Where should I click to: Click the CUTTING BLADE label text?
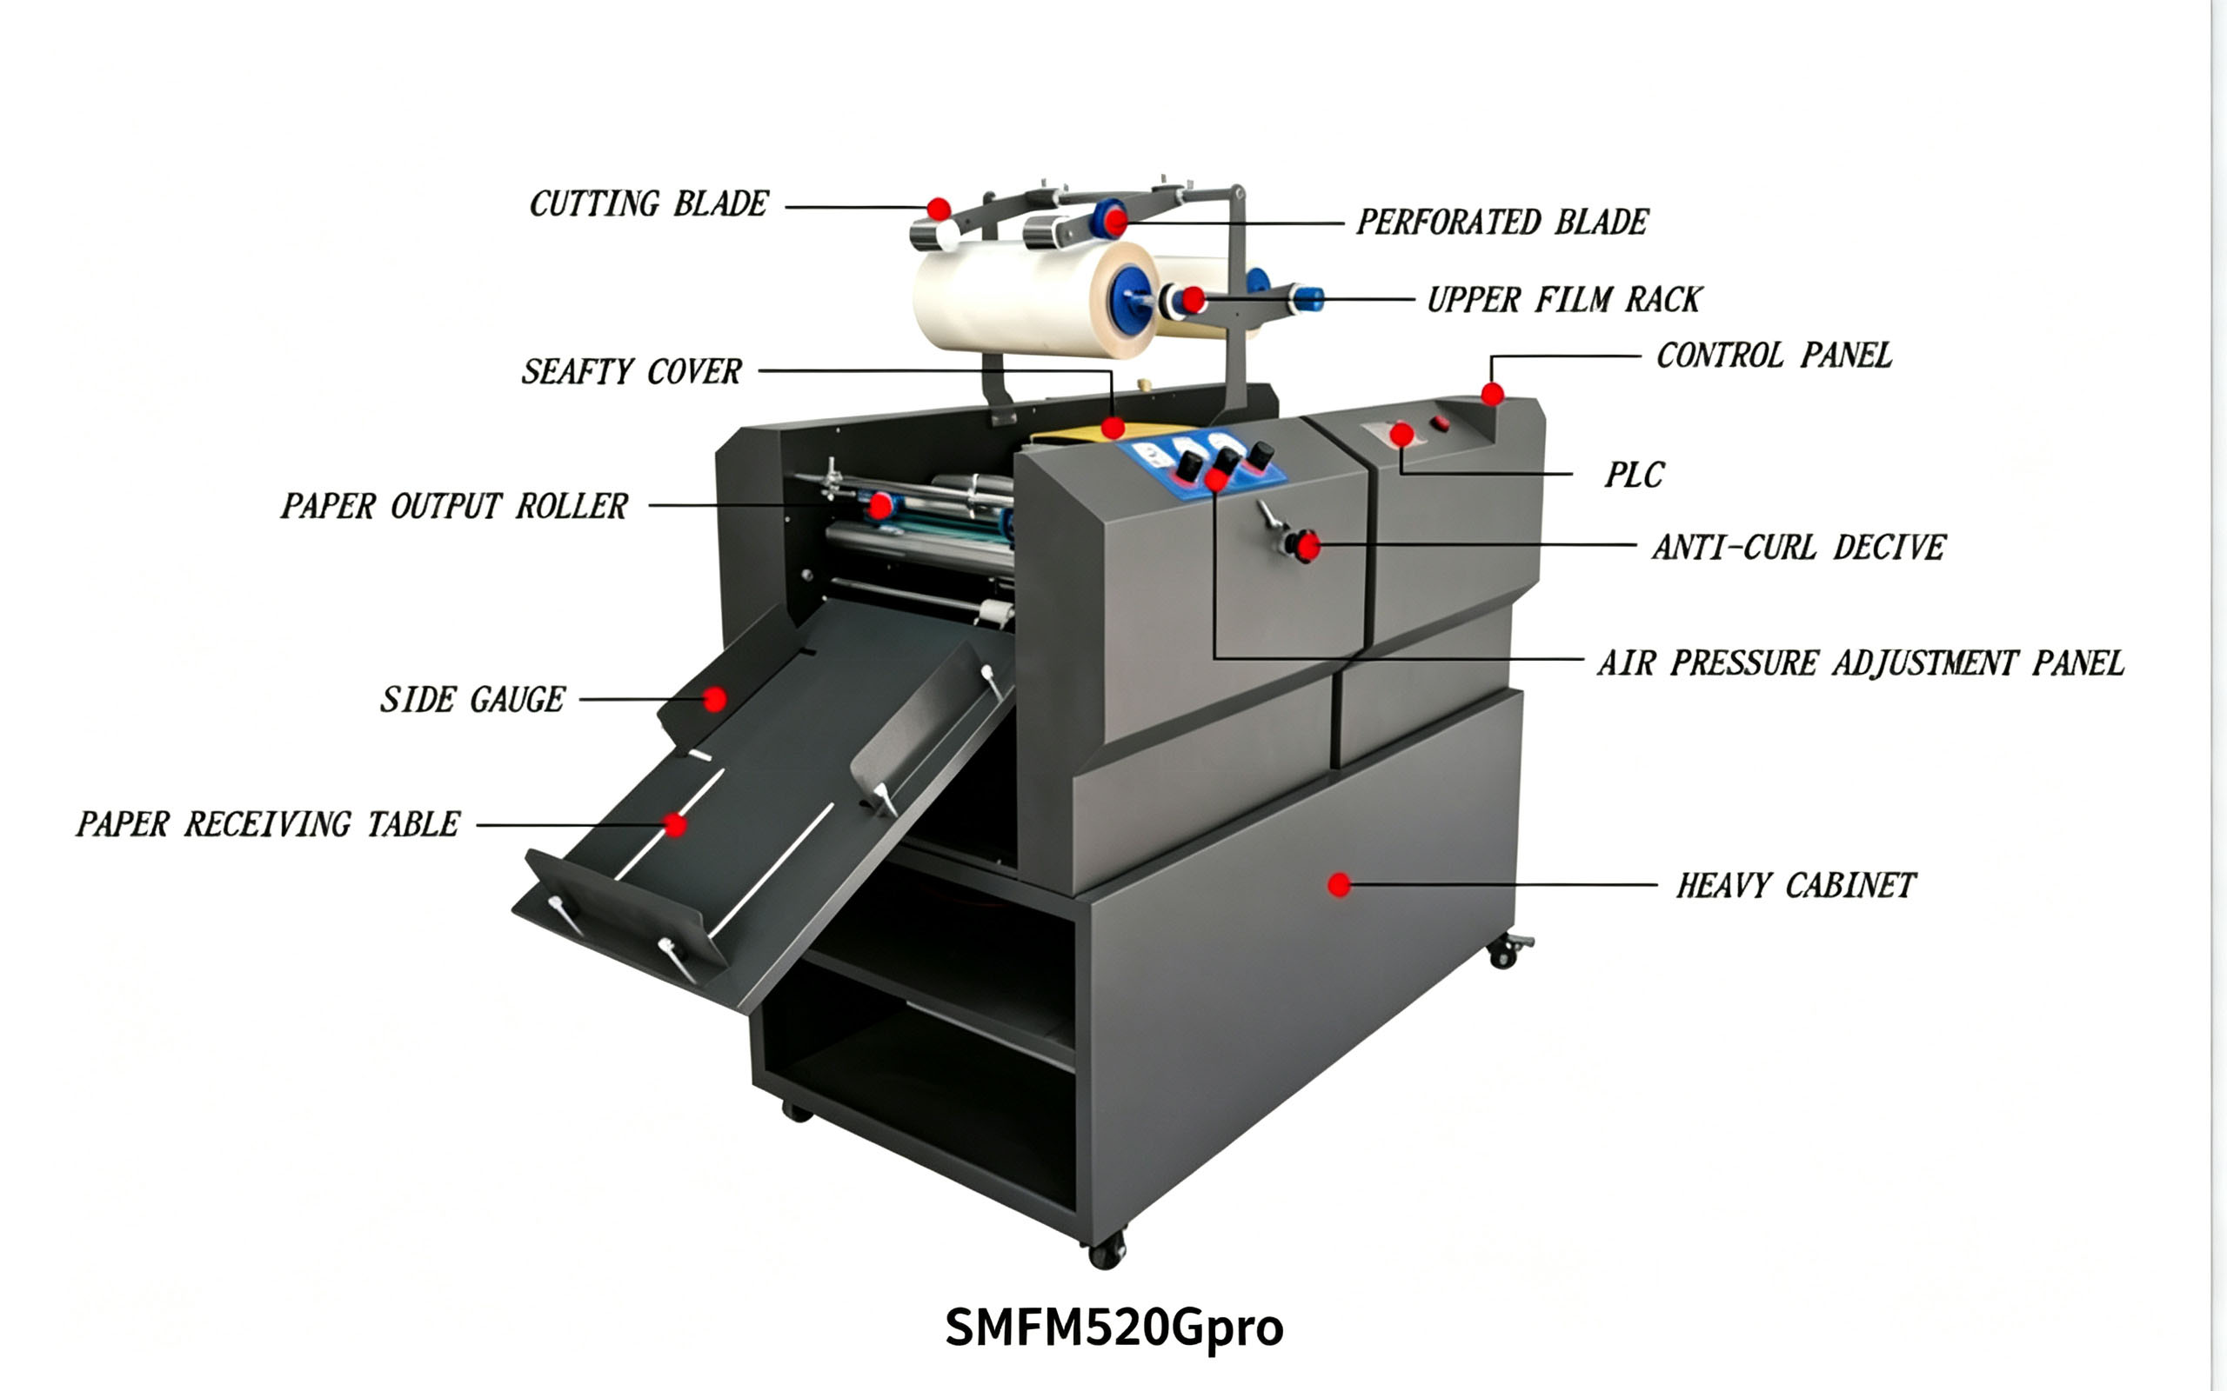(x=649, y=204)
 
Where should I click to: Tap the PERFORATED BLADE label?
(x=1501, y=223)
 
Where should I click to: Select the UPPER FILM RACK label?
(x=1564, y=300)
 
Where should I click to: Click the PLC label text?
(x=1635, y=475)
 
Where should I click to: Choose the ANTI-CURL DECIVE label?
(x=1799, y=548)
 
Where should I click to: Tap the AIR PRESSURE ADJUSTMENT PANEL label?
(x=1861, y=663)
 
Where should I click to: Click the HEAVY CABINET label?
(x=1796, y=886)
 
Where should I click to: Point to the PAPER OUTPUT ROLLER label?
(x=455, y=506)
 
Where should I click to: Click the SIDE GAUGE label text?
(x=473, y=700)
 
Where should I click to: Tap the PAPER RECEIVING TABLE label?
(x=268, y=824)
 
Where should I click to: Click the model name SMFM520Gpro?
(x=1114, y=1328)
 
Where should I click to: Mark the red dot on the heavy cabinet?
(x=1339, y=885)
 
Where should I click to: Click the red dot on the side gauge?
(x=714, y=700)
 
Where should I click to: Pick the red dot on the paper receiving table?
(x=675, y=825)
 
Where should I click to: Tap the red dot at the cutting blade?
(x=939, y=209)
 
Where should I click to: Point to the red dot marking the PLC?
(x=1401, y=434)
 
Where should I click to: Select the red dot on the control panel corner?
(x=1492, y=395)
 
